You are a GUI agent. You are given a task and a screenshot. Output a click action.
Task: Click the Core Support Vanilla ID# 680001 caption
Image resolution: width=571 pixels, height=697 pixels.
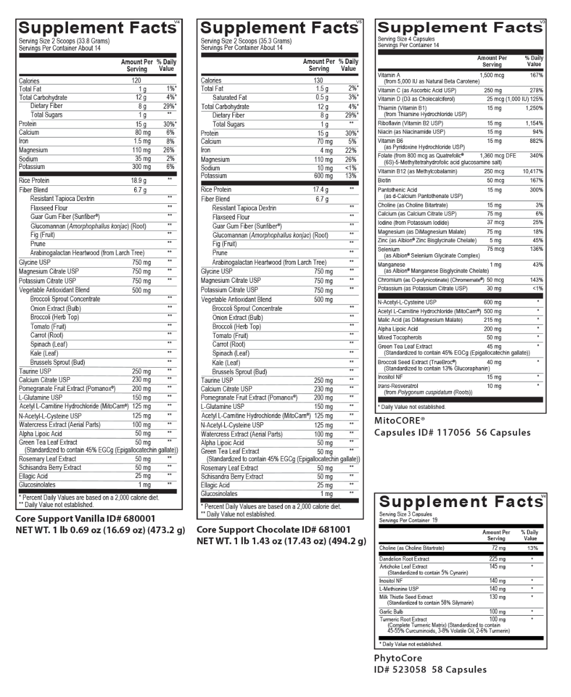85,519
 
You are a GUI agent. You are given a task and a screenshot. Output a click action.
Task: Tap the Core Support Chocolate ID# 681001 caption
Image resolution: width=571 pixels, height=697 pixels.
274,530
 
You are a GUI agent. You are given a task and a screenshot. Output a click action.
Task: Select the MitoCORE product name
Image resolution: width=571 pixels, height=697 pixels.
400,420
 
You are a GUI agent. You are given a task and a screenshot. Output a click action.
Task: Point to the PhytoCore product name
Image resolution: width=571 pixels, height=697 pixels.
398,658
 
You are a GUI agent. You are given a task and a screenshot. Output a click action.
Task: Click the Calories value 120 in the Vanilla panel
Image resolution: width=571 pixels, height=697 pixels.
136,81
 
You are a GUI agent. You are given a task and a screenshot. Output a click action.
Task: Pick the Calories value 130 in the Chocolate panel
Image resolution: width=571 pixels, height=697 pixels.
318,81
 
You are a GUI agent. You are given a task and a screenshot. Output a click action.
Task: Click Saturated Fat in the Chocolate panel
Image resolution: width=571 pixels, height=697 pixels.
229,98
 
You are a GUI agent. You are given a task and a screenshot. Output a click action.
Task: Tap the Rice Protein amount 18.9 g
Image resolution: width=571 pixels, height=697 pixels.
138,181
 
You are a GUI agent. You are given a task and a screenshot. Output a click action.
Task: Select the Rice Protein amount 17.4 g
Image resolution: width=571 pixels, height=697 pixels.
320,190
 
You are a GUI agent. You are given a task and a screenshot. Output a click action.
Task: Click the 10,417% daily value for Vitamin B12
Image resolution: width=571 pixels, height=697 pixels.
533,171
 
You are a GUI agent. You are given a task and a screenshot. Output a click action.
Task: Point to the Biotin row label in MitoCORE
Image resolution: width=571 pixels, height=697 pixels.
385,181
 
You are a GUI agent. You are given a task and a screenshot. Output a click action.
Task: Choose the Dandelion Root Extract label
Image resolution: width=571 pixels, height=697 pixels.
404,559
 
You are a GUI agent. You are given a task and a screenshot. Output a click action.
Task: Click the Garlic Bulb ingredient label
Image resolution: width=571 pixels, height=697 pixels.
392,612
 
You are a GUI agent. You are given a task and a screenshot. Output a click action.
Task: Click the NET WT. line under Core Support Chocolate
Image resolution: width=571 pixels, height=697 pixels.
281,541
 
